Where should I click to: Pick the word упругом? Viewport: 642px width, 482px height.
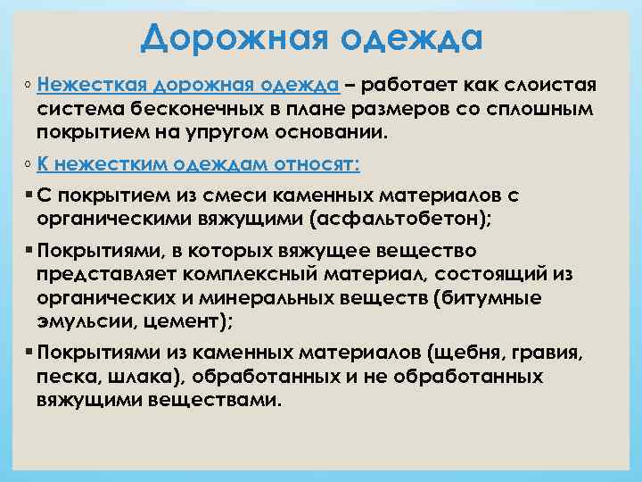pyautogui.click(x=215, y=133)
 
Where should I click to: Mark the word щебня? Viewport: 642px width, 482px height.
pyautogui.click(x=477, y=353)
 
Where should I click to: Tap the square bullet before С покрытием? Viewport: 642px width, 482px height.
pyautogui.click(x=30, y=195)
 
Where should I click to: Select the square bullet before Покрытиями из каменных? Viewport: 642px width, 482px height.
pyautogui.click(x=30, y=353)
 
